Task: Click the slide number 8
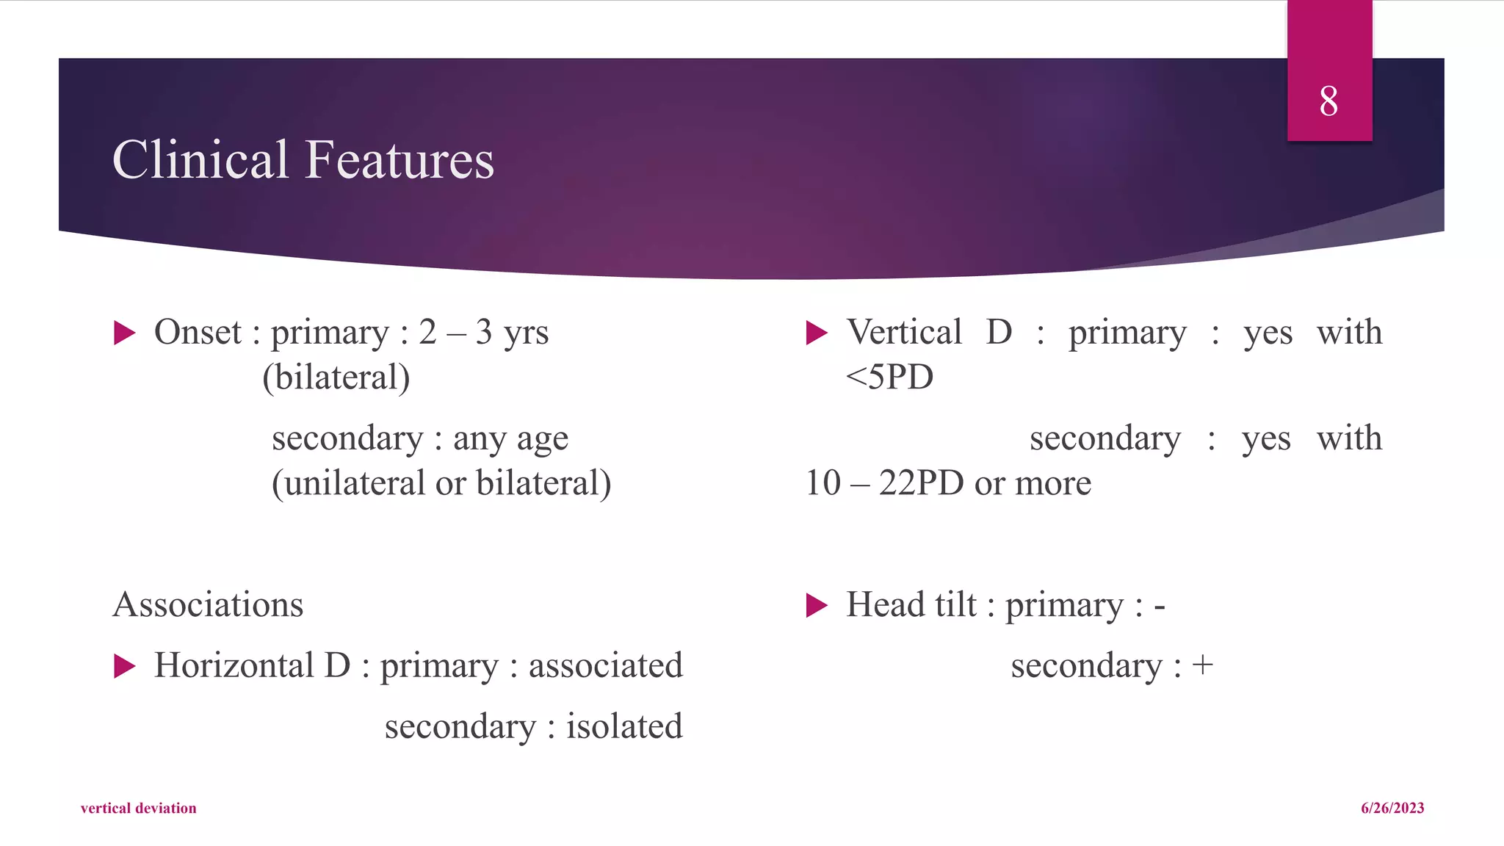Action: (x=1328, y=101)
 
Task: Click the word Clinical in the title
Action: (x=200, y=159)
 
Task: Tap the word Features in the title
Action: (x=399, y=159)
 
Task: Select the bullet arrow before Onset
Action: (x=125, y=333)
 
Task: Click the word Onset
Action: (x=198, y=332)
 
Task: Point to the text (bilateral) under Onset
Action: (x=336, y=377)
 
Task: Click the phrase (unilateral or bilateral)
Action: (x=441, y=483)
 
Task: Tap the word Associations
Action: (x=208, y=604)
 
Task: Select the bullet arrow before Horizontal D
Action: (x=125, y=666)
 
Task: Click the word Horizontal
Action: (x=234, y=665)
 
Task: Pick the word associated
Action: (x=606, y=665)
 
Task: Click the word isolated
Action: (x=624, y=726)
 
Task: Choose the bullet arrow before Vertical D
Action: (x=817, y=333)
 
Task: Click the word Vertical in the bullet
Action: (x=904, y=332)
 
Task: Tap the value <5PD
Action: (x=889, y=377)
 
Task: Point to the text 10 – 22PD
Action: (x=884, y=483)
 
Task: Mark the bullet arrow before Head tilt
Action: (x=817, y=606)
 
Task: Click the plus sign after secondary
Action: (x=1202, y=665)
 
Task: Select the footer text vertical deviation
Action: (x=139, y=808)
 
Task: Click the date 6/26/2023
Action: (x=1392, y=808)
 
